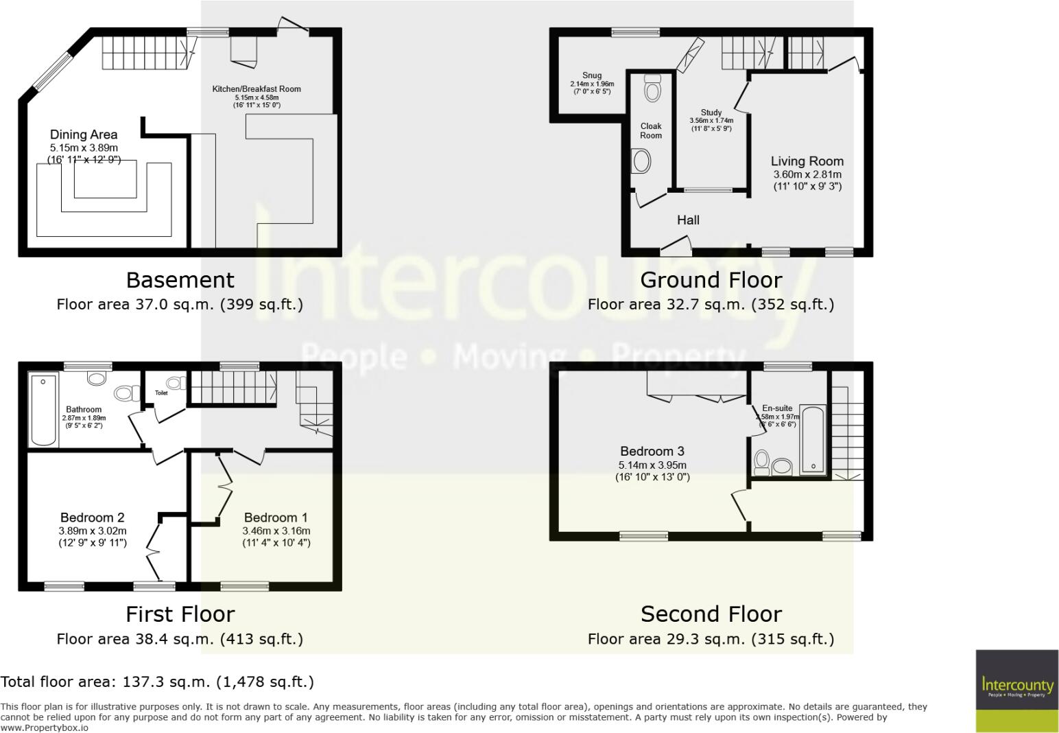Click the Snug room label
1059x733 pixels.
(x=592, y=76)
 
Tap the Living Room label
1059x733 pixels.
(x=807, y=161)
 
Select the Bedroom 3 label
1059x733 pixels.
(x=652, y=452)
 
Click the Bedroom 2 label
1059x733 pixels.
(x=92, y=518)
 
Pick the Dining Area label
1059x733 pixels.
(x=84, y=135)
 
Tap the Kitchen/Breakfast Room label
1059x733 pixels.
(x=257, y=89)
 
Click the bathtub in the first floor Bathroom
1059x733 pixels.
(x=43, y=410)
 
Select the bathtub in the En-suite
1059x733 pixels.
(x=813, y=439)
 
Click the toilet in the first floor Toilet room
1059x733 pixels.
(x=176, y=383)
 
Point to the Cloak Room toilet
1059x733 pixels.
(x=652, y=89)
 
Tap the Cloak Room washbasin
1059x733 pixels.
(x=642, y=162)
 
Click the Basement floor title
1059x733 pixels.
(x=180, y=280)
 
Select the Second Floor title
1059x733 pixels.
(x=711, y=614)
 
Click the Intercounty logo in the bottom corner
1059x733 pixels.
(x=1017, y=690)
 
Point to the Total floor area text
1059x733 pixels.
(x=157, y=682)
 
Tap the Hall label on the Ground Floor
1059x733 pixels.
(x=688, y=220)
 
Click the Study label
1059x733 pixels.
(x=711, y=113)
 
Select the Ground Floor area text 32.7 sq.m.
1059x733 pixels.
(x=711, y=304)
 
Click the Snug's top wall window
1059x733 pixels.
(x=636, y=32)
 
